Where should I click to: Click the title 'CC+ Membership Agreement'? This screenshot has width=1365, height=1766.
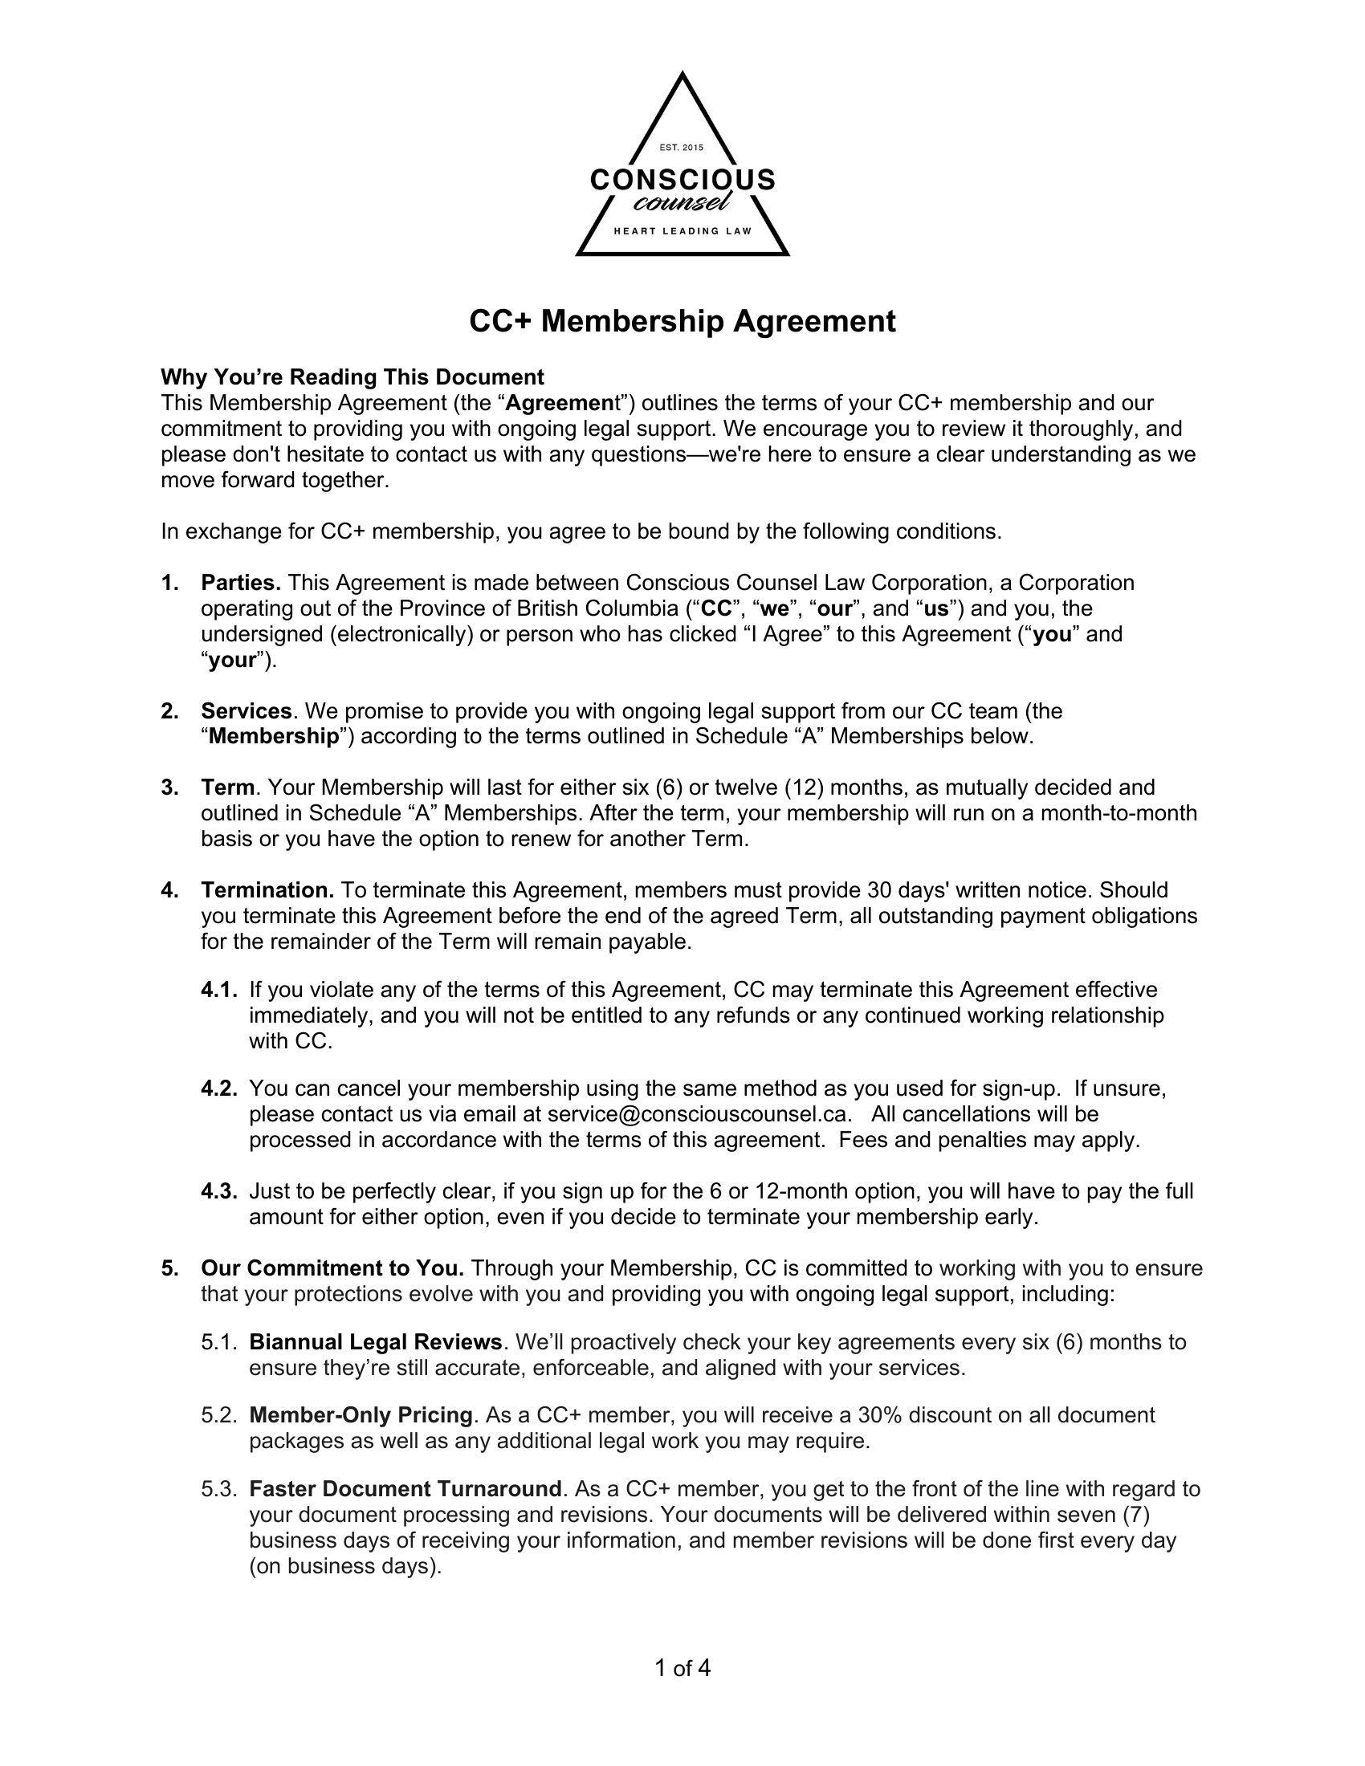[x=682, y=321]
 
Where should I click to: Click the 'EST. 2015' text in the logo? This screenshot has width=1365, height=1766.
[x=682, y=147]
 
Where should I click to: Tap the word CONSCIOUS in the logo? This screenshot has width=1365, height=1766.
[x=682, y=179]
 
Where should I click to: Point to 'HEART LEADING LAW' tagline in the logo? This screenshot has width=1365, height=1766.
[x=682, y=231]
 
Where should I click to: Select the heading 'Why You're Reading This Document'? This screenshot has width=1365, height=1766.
[x=352, y=376]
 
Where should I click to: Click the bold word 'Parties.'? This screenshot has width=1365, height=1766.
[x=241, y=582]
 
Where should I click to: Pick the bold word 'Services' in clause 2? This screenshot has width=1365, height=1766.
[x=246, y=710]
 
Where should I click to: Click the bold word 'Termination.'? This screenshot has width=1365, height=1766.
[x=267, y=890]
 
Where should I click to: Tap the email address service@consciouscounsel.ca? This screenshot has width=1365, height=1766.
[x=699, y=1114]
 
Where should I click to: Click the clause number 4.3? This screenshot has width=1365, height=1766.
[x=219, y=1191]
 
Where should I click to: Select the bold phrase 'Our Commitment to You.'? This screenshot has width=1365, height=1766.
[x=332, y=1268]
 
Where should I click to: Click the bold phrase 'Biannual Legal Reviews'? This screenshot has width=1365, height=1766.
[x=376, y=1342]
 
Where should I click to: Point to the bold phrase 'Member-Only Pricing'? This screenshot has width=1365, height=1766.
[x=361, y=1415]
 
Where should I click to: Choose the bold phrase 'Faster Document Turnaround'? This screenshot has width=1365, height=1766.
[x=405, y=1488]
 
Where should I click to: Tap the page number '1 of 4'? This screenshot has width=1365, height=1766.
[x=682, y=1668]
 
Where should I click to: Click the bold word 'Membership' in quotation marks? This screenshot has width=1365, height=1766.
[x=273, y=737]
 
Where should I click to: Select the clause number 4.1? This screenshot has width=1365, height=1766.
[x=219, y=990]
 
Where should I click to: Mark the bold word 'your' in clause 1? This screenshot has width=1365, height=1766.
[x=233, y=660]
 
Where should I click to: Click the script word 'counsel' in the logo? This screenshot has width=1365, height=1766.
[x=682, y=202]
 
